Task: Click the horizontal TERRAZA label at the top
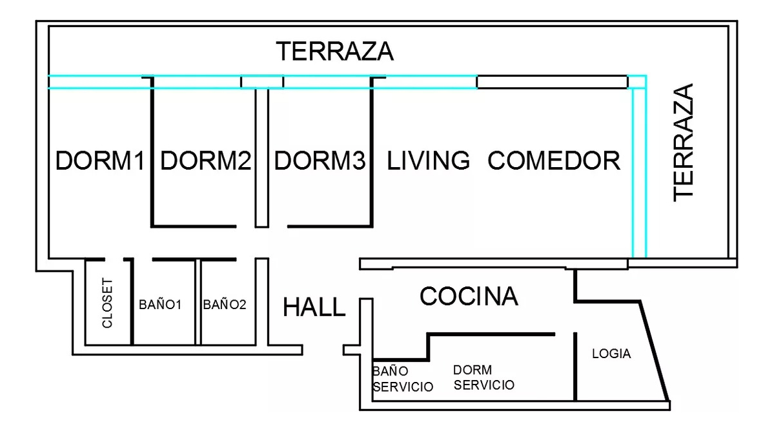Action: (x=334, y=51)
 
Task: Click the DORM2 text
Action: (x=205, y=161)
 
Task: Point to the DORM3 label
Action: (x=320, y=161)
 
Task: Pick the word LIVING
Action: (x=428, y=161)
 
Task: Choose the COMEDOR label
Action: (x=554, y=161)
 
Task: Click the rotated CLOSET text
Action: (x=108, y=303)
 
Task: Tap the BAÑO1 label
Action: (x=159, y=304)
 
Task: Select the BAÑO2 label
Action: (x=225, y=304)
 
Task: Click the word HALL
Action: (x=314, y=308)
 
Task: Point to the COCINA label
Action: (x=469, y=297)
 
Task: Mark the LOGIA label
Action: (x=611, y=354)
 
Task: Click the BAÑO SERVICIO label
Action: (x=402, y=379)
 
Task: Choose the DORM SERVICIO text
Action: (x=484, y=377)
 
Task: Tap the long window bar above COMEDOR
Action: (x=552, y=82)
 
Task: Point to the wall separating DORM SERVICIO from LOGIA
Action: (x=575, y=366)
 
